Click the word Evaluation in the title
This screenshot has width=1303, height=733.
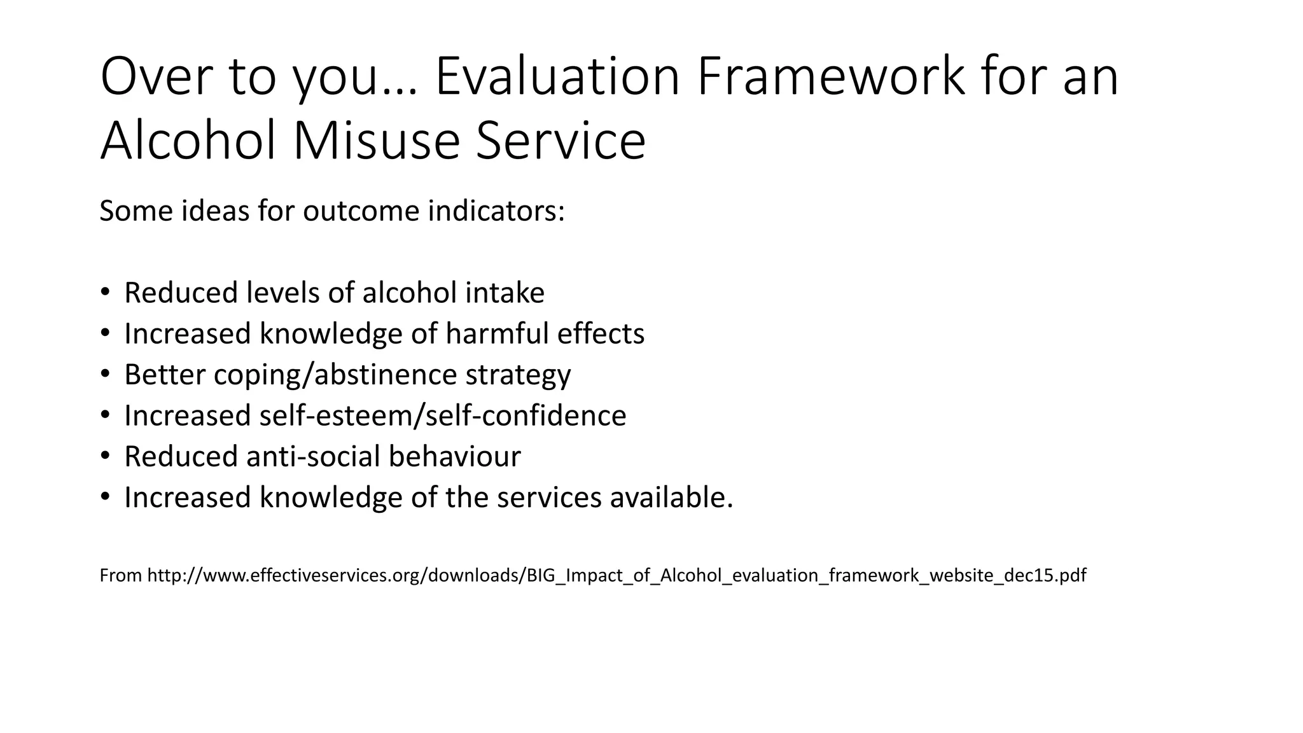(x=557, y=76)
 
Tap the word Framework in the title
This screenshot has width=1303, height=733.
(x=830, y=76)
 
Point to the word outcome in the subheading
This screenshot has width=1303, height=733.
(x=361, y=211)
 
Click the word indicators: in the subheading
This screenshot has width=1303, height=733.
(x=496, y=211)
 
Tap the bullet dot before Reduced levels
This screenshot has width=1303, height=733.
(x=105, y=293)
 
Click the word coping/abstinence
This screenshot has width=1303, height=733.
(x=335, y=375)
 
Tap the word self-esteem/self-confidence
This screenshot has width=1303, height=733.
(x=442, y=415)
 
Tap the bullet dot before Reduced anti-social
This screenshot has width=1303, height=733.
(x=105, y=456)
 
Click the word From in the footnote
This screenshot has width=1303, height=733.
(x=120, y=575)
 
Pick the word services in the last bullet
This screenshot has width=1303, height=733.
(x=548, y=497)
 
